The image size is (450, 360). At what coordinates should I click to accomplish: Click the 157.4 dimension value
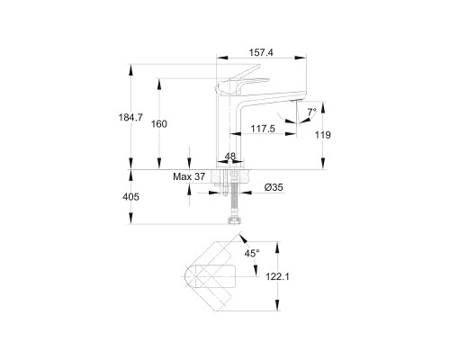click(x=261, y=53)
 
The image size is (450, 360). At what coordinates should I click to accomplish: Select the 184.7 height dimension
click(x=130, y=117)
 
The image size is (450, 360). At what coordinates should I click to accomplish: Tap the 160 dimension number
click(x=158, y=123)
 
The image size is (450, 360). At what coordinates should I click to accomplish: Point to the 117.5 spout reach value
click(x=263, y=129)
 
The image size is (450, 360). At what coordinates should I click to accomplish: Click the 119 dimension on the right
click(x=323, y=135)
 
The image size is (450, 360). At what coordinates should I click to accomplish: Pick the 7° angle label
click(x=311, y=112)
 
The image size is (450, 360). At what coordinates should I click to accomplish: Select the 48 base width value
click(x=230, y=157)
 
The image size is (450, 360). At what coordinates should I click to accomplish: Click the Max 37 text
click(x=189, y=176)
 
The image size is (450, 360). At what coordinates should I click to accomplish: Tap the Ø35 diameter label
click(x=274, y=187)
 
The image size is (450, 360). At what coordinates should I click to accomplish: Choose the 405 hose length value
click(x=130, y=197)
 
